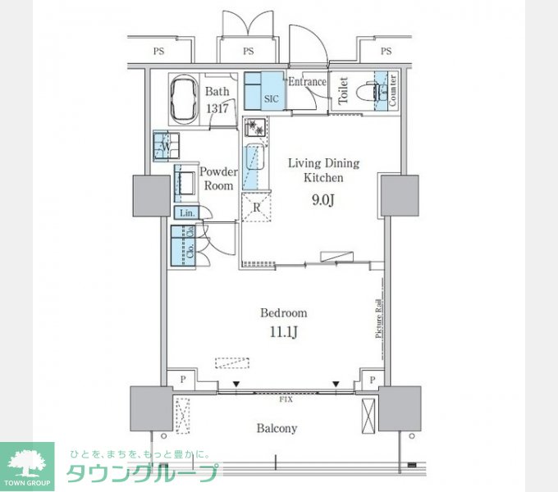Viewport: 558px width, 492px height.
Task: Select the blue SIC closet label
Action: (x=272, y=98)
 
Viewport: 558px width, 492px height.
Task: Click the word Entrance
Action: (x=307, y=82)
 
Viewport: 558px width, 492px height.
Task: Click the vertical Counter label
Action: (x=394, y=90)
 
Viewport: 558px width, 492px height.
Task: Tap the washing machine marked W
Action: (x=165, y=146)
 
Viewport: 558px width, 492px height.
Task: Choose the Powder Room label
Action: (x=218, y=179)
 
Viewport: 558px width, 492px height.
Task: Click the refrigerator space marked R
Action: (x=256, y=207)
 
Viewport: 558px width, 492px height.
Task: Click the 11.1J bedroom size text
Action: (x=284, y=332)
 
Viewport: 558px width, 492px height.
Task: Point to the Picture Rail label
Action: (x=379, y=317)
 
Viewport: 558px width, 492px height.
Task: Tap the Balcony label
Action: (x=277, y=428)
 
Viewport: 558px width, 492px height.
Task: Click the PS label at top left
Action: (x=158, y=52)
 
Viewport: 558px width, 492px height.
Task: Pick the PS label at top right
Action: (x=386, y=52)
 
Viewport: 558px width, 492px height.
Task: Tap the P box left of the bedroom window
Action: (x=182, y=380)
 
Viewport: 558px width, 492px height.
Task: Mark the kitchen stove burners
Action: (x=256, y=128)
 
